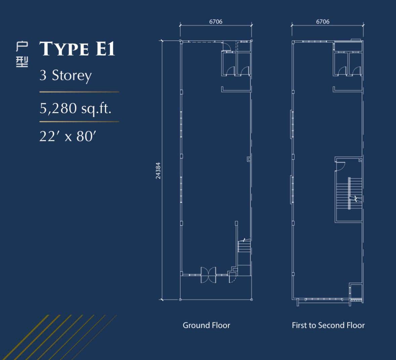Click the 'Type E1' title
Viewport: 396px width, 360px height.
[77, 49]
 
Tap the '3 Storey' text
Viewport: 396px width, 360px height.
[65, 75]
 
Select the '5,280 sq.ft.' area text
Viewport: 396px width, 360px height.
[75, 108]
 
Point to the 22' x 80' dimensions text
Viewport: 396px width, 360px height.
[68, 136]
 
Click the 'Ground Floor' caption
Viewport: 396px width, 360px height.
[206, 325]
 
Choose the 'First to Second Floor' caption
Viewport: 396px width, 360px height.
[328, 325]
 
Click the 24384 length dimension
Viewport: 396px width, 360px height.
[158, 170]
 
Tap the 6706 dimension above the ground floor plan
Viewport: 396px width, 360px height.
[216, 22]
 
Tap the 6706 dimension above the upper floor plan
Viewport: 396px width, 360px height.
[323, 22]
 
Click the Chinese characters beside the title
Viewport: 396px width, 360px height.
[22, 55]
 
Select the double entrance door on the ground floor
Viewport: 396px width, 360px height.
[208, 275]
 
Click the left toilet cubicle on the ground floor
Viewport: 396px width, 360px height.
[229, 64]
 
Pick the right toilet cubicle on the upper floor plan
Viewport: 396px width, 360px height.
[355, 64]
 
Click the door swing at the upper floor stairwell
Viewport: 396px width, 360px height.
[341, 166]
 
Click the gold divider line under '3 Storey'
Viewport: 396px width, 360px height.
[79, 92]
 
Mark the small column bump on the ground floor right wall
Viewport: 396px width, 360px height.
[249, 159]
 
